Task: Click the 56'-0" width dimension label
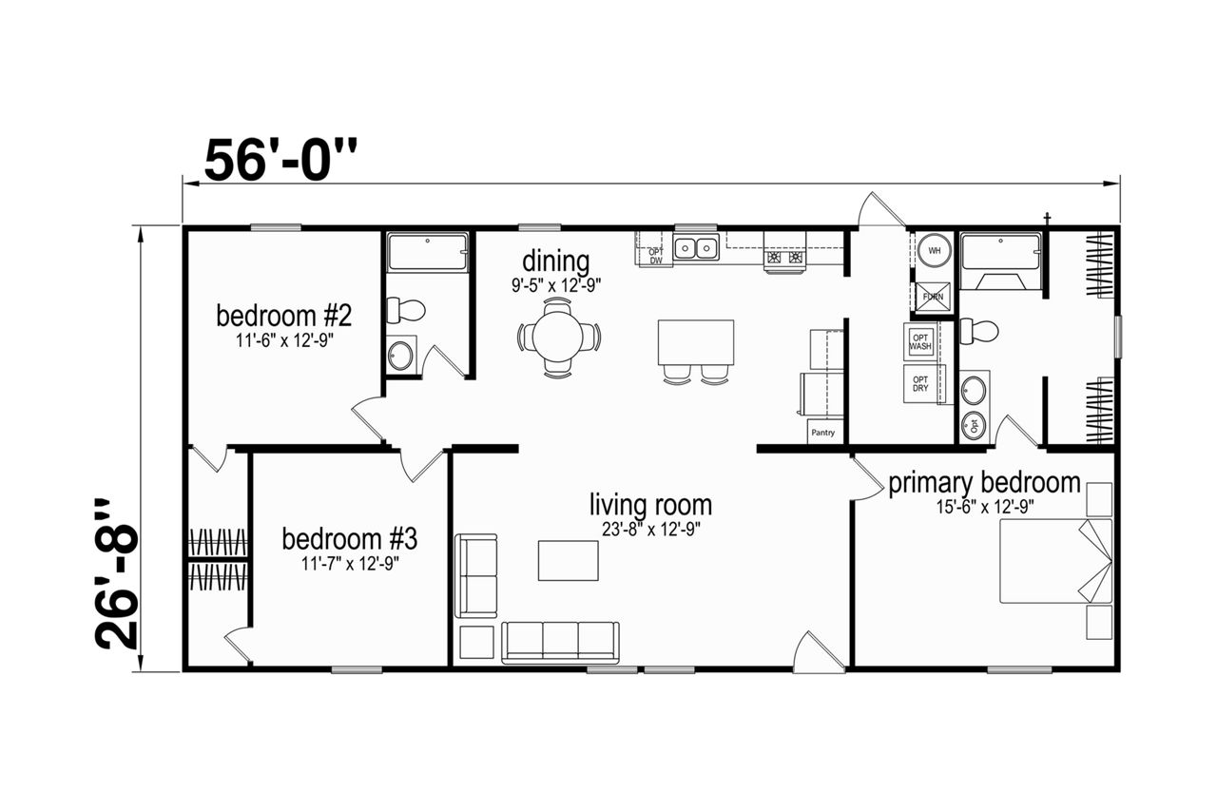pyautogui.click(x=280, y=160)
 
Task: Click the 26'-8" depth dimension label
pyautogui.click(x=117, y=574)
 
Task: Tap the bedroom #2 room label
pyautogui.click(x=284, y=316)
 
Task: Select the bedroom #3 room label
pyautogui.click(x=350, y=539)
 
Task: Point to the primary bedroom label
pyautogui.click(x=984, y=483)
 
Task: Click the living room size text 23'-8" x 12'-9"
pyautogui.click(x=651, y=530)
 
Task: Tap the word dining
pyautogui.click(x=556, y=261)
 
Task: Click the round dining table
pyautogui.click(x=558, y=337)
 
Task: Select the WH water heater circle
pyautogui.click(x=934, y=251)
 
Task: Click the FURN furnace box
pyautogui.click(x=933, y=297)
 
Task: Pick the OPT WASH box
pyautogui.click(x=920, y=342)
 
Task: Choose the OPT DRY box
pyautogui.click(x=920, y=384)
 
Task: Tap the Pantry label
pyautogui.click(x=823, y=433)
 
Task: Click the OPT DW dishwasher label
pyautogui.click(x=656, y=256)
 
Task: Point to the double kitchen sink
pyautogui.click(x=696, y=248)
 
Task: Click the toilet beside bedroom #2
pyautogui.click(x=405, y=310)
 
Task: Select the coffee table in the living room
pyautogui.click(x=569, y=560)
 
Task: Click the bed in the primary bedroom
pyautogui.click(x=1055, y=561)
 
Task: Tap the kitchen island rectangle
pyautogui.click(x=696, y=342)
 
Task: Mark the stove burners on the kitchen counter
pyautogui.click(x=784, y=257)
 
